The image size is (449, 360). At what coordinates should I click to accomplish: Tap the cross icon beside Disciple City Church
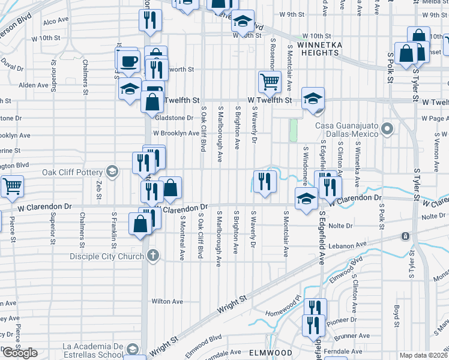point(153,255)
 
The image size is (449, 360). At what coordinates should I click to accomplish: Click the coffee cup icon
point(128,61)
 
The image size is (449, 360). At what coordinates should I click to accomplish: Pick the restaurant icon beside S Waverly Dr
point(264,181)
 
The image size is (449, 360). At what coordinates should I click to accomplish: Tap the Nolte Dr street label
point(340,226)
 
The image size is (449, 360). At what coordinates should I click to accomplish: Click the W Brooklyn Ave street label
point(175,133)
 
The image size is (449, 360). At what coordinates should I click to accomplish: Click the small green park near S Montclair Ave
point(294,130)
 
